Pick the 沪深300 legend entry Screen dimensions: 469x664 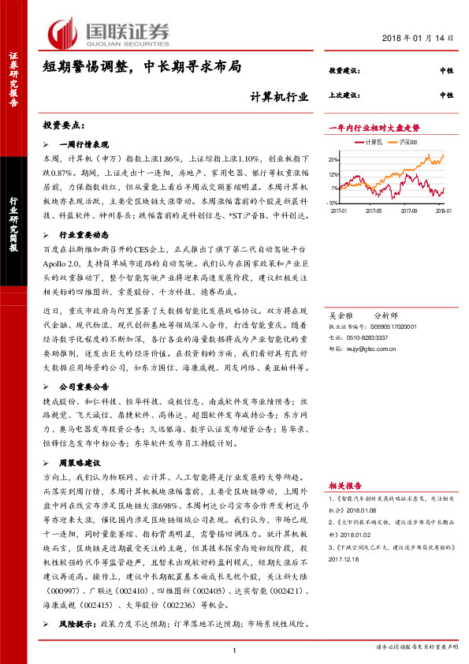click(x=407, y=141)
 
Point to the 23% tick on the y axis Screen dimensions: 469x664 click(x=334, y=160)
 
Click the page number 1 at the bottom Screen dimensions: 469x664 click(x=235, y=649)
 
